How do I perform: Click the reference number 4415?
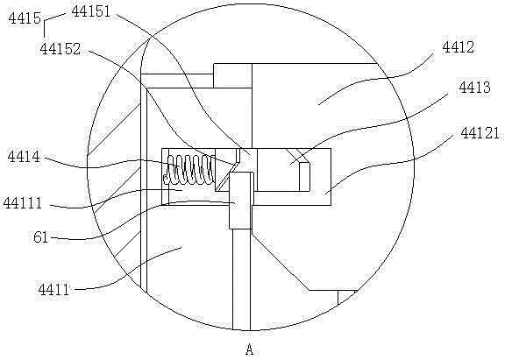25,18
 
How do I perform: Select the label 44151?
91,11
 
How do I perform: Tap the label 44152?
60,49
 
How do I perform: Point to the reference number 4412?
458,47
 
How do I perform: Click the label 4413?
474,88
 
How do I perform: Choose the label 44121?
480,133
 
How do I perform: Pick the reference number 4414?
24,158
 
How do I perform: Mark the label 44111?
23,203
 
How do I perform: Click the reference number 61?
40,238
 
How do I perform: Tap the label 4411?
53,290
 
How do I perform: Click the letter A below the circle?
249,349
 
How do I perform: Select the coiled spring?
188,170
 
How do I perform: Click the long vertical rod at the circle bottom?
241,279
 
